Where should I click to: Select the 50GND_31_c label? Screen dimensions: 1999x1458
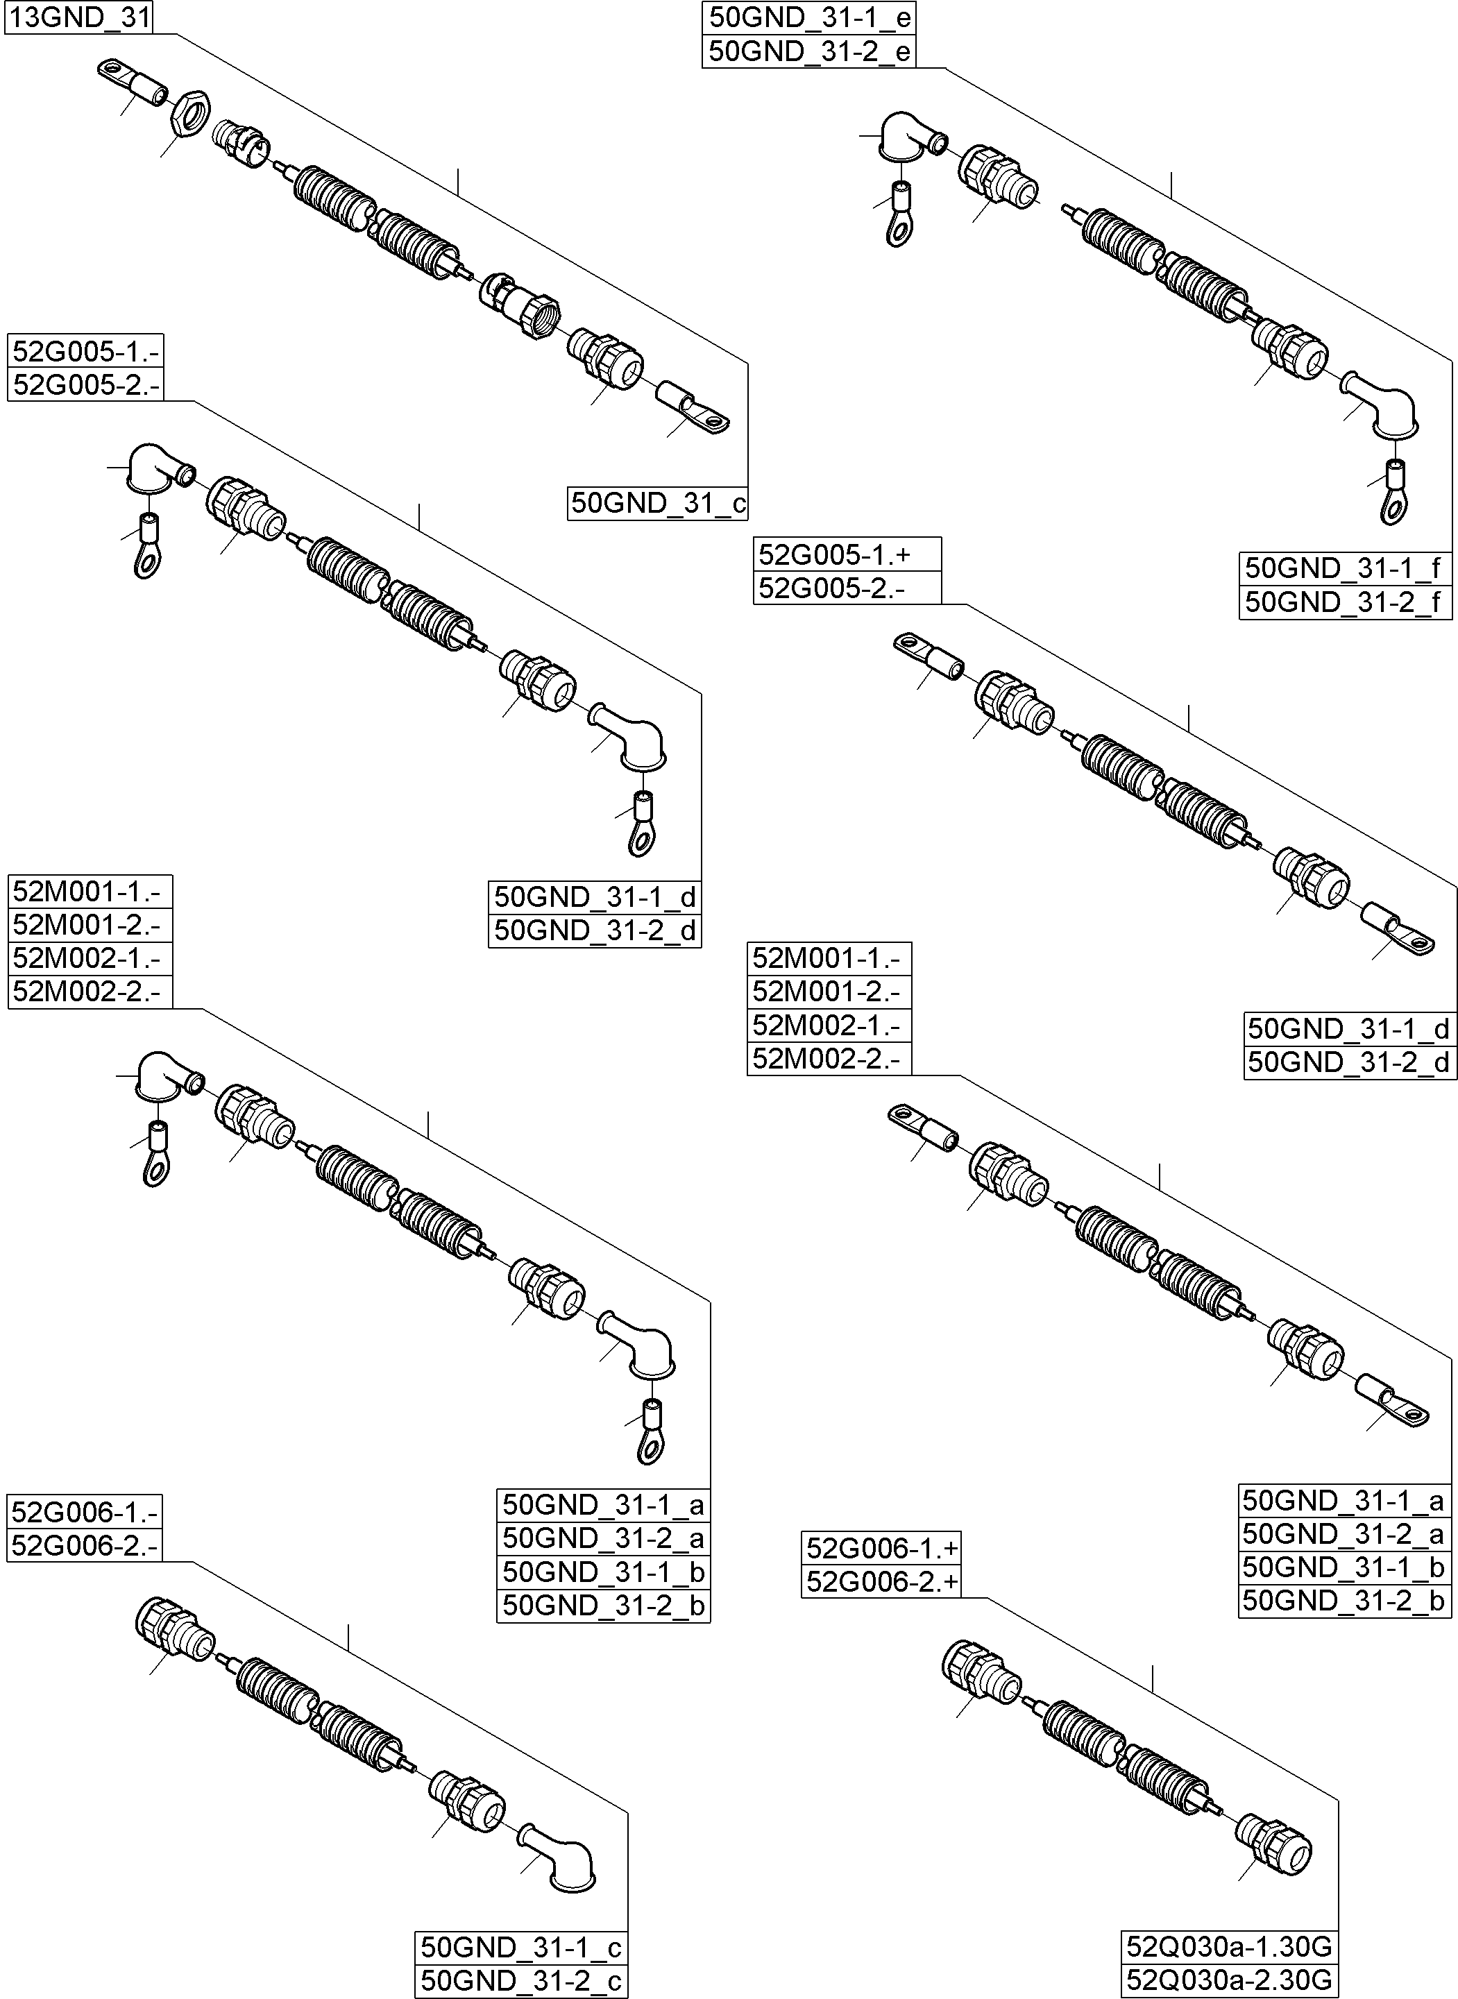(657, 503)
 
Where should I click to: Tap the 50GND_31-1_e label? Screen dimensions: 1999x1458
(808, 17)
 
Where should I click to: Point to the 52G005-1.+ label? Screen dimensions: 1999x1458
(847, 554)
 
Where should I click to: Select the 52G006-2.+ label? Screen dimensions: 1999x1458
(881, 1581)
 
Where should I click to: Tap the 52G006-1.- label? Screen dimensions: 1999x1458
(85, 1512)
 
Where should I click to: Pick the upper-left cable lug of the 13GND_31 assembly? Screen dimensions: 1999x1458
(133, 82)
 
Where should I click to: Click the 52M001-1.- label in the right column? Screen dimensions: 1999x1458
(828, 958)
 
